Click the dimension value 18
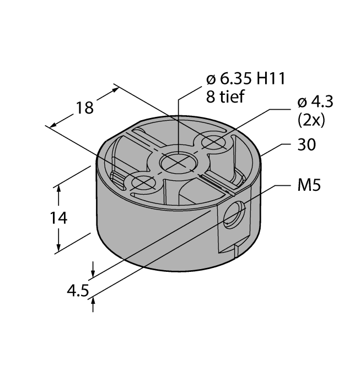click(85, 107)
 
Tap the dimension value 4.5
click(77, 290)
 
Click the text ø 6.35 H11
click(241, 79)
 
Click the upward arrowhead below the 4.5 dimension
click(94, 299)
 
